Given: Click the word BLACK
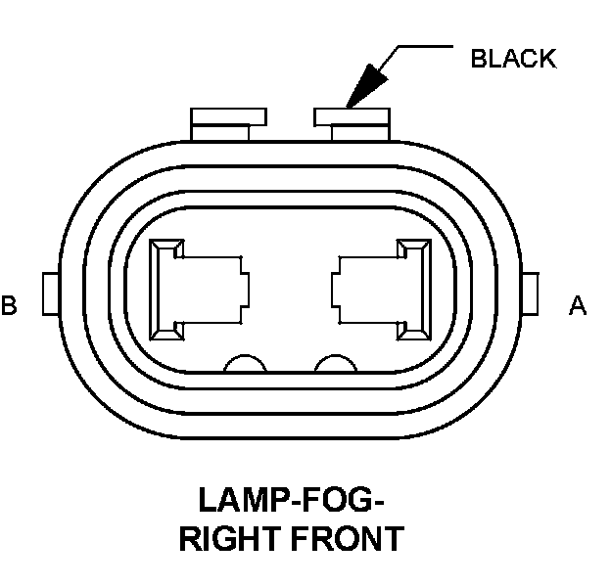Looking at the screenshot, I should coord(512,59).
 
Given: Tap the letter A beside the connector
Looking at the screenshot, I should coord(578,306).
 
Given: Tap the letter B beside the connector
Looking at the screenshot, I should coord(10,306).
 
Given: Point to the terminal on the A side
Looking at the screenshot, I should coord(382,291).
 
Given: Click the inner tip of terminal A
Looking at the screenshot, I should coord(337,290).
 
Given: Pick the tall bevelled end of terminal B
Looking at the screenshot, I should coord(164,291).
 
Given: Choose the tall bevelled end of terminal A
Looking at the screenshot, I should coord(414,291).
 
